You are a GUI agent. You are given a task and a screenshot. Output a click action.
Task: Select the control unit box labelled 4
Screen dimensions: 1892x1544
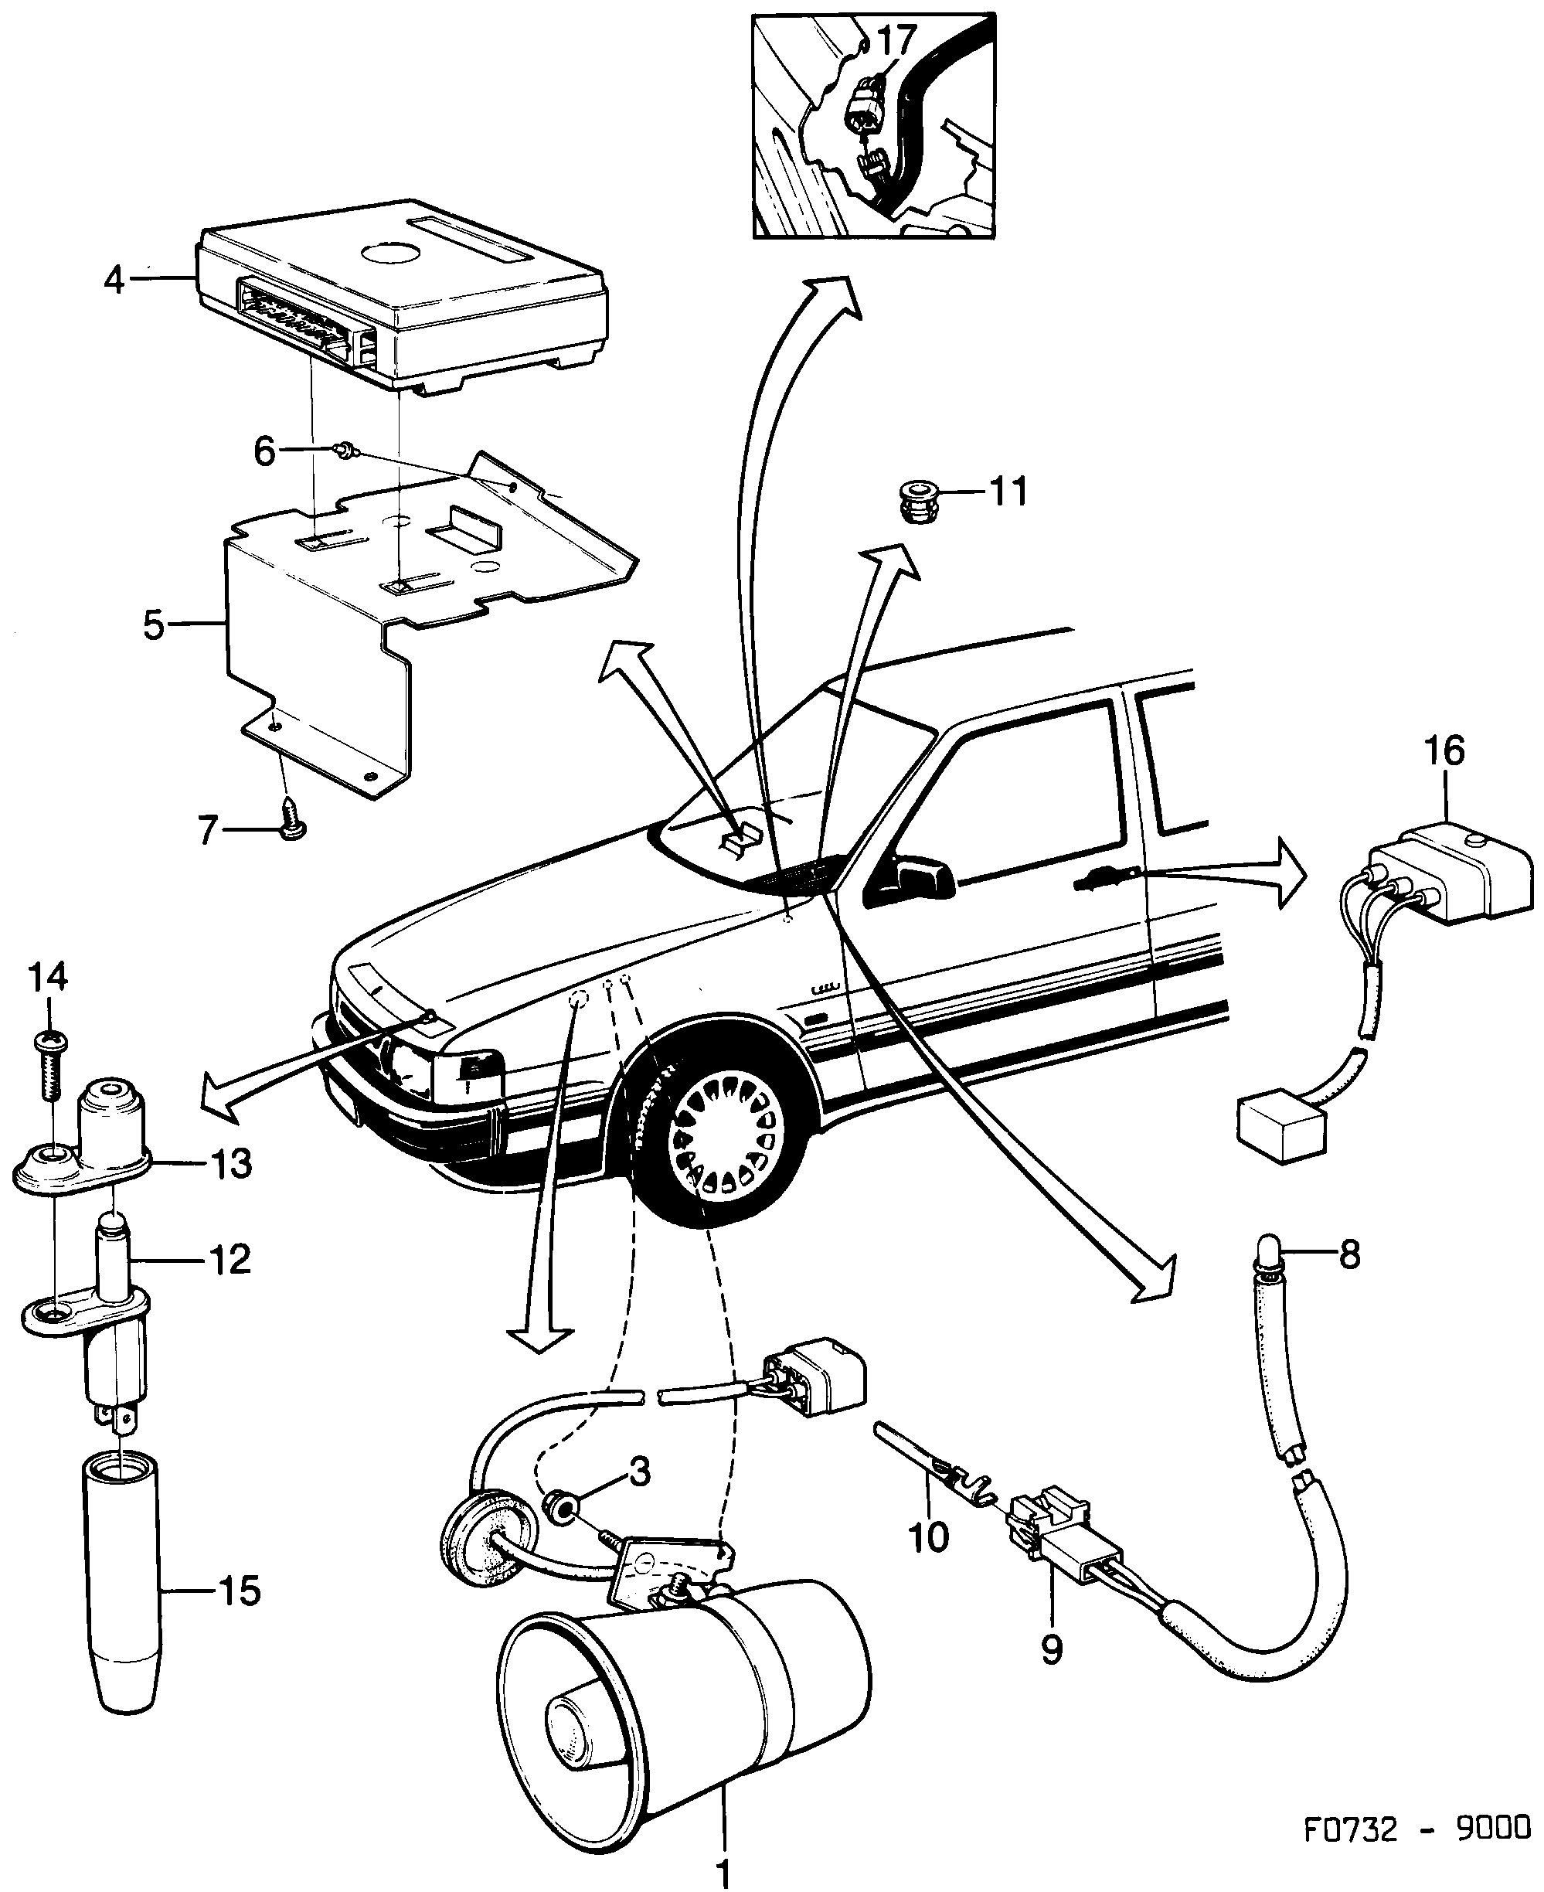[400, 302]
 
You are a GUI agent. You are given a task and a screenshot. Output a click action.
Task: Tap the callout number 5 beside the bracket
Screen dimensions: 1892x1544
[153, 625]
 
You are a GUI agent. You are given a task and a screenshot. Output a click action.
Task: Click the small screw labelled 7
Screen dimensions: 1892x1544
[291, 824]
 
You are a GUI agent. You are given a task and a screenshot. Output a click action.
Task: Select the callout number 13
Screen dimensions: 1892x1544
[231, 1163]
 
